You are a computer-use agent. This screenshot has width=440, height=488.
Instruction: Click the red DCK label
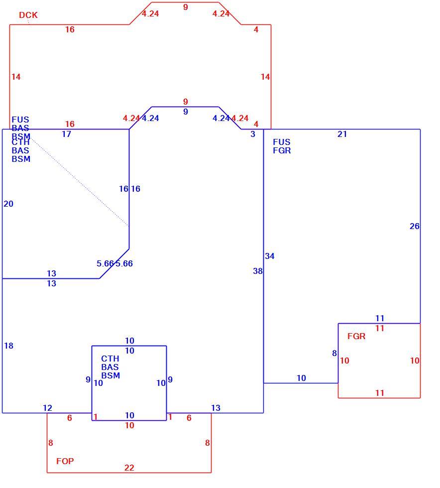click(28, 15)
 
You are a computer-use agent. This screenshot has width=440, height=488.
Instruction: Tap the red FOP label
click(65, 461)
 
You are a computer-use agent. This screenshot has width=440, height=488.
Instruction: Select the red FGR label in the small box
click(356, 336)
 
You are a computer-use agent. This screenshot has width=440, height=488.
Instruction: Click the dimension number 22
click(129, 468)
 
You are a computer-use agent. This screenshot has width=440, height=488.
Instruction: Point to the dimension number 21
click(342, 134)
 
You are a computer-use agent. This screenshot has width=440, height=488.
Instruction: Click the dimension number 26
click(415, 226)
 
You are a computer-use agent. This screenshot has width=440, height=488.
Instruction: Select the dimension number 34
click(269, 256)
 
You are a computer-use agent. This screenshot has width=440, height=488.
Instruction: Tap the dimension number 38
click(258, 271)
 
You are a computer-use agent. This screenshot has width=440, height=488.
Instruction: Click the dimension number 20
click(8, 204)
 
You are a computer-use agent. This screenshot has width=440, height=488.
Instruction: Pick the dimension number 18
click(9, 346)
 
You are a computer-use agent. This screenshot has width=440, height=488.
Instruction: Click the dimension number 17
click(66, 134)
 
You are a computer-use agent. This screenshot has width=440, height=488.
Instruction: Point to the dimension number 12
click(47, 408)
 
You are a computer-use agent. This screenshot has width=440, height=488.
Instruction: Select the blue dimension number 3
click(253, 134)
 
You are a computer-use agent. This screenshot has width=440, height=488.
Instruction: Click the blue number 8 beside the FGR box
click(334, 353)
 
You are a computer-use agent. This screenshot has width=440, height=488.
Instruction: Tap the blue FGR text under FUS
click(282, 150)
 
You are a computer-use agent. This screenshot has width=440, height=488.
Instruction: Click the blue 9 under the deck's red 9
click(186, 112)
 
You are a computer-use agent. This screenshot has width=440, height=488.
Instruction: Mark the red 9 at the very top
click(186, 7)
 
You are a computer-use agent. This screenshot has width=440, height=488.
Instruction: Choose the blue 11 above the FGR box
click(380, 318)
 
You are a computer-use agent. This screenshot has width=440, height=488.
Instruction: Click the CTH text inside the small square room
click(110, 359)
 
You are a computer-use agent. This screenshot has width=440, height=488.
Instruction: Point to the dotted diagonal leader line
click(79, 181)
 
